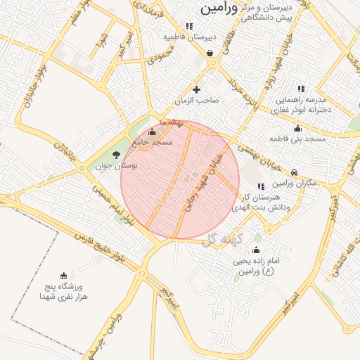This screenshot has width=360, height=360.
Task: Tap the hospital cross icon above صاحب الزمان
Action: click(x=196, y=89)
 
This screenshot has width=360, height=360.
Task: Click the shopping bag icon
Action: click(x=210, y=53)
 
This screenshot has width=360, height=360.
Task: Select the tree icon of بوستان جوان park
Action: click(x=116, y=155)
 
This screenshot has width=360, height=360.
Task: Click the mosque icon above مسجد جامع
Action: click(x=153, y=132)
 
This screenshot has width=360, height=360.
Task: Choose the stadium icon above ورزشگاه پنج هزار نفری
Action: click(x=65, y=275)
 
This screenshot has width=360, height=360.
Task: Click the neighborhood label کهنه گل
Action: click(x=220, y=240)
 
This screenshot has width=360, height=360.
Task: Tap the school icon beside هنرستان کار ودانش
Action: click(x=261, y=186)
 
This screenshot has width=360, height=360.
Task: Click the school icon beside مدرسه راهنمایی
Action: click(x=300, y=89)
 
